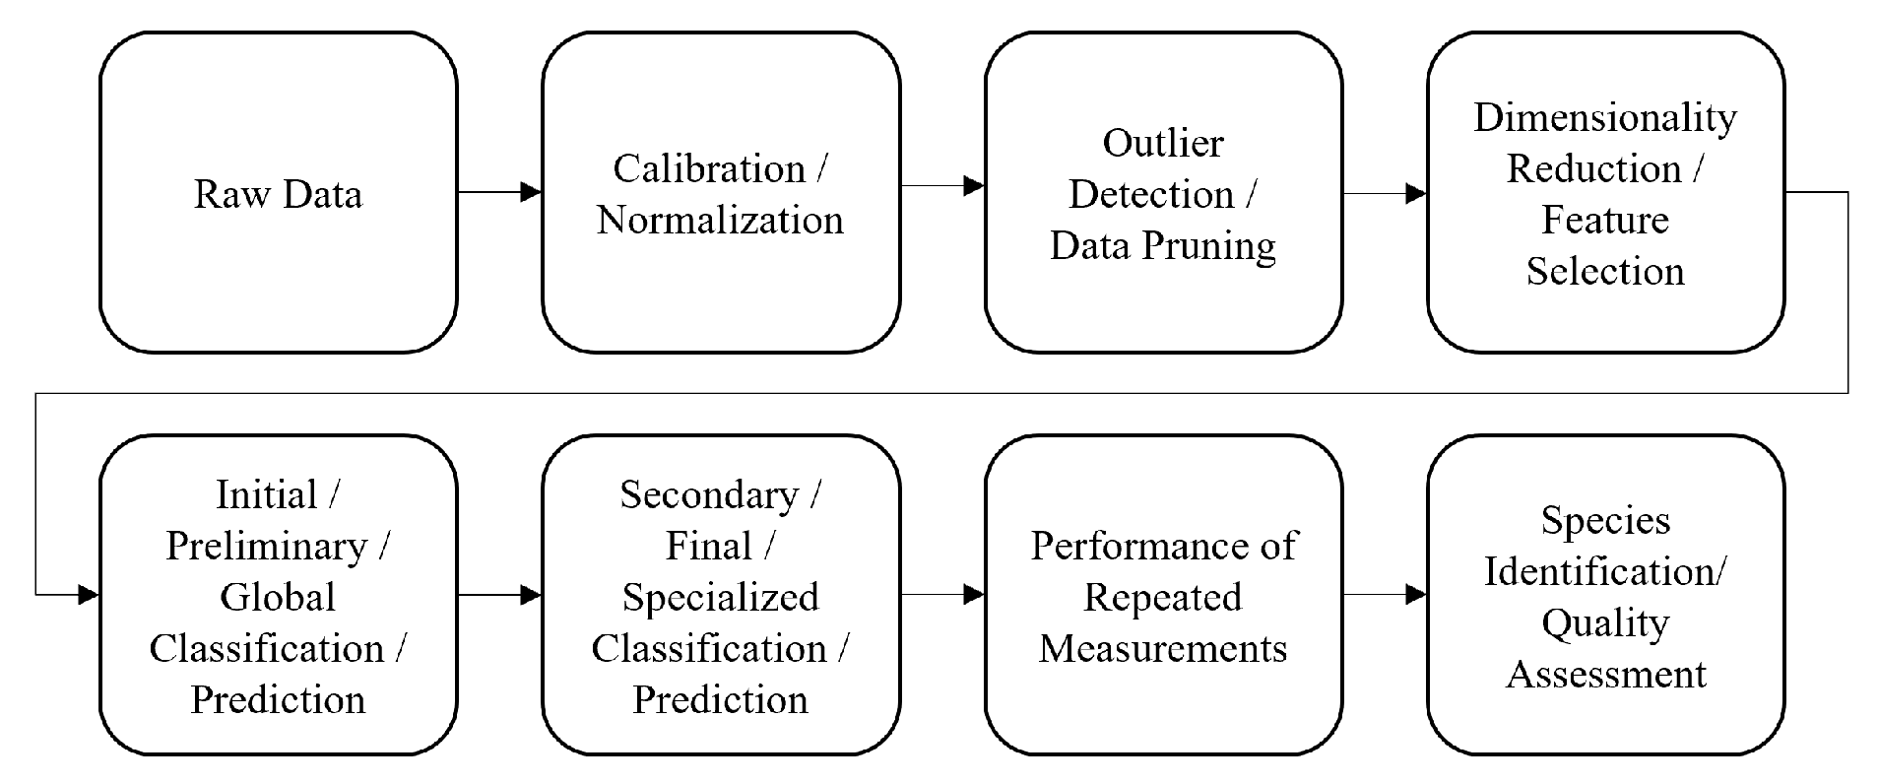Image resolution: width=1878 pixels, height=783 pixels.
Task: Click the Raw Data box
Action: (278, 193)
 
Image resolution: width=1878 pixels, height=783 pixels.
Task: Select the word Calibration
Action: (709, 168)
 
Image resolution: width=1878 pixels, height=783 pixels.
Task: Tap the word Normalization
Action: (720, 220)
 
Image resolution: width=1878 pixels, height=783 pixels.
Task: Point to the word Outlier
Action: (1162, 143)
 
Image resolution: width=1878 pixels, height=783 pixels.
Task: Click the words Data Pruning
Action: (1162, 245)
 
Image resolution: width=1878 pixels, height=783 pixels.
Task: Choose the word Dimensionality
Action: (1604, 117)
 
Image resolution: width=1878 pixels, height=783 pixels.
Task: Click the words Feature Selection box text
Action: (1604, 245)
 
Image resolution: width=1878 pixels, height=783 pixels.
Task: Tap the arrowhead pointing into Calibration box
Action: (531, 192)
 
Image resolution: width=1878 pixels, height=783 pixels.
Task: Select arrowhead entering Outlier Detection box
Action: (973, 185)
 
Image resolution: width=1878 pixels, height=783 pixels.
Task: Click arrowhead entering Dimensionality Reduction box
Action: (1415, 194)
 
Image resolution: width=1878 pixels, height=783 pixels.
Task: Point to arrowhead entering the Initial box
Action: (88, 594)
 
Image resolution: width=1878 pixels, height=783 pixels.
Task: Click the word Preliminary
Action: (266, 546)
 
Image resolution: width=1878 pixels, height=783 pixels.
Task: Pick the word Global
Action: (278, 597)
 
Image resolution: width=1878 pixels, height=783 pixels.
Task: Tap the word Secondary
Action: (709, 494)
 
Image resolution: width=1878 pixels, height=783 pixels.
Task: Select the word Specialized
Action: (720, 597)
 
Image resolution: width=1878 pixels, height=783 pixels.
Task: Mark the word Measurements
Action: (1162, 648)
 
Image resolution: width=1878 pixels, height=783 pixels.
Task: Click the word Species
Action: (1604, 520)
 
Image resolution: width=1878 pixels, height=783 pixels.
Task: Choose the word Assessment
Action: (1605, 674)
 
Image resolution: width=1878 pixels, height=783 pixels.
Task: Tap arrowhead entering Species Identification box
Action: (1415, 594)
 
